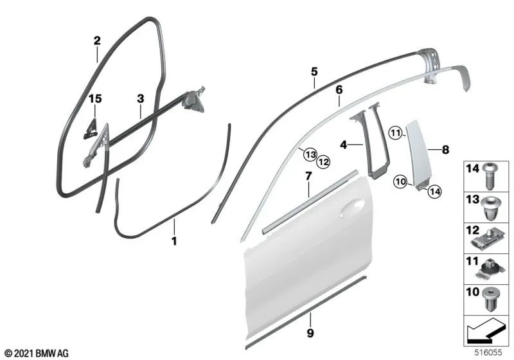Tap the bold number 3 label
[139, 99]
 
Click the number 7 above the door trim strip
[308, 175]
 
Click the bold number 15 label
[95, 99]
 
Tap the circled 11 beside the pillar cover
[396, 134]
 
